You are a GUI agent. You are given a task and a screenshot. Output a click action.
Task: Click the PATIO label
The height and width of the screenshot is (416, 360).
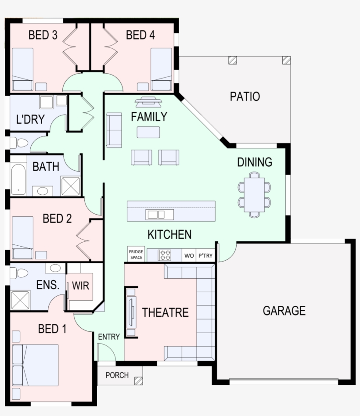[x=245, y=96]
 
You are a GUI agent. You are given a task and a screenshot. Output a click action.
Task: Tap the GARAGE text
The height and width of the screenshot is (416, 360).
[x=284, y=311]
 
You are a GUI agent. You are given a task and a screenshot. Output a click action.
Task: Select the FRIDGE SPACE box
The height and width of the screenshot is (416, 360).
[x=136, y=255]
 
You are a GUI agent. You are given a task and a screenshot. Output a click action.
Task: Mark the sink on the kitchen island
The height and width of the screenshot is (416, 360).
[x=156, y=215]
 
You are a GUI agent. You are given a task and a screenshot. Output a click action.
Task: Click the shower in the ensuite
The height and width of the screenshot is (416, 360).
[x=19, y=300]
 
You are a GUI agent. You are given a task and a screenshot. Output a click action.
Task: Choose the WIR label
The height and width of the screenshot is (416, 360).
[x=80, y=286]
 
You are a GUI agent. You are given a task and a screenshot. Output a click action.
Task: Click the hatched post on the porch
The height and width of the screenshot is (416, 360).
[x=139, y=381]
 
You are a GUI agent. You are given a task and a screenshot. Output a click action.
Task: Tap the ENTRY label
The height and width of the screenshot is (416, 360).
[x=109, y=337]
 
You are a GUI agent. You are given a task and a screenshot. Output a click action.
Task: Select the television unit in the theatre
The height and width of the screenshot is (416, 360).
[x=131, y=312]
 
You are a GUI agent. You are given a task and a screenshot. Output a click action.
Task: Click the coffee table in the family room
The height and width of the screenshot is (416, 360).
[x=148, y=132]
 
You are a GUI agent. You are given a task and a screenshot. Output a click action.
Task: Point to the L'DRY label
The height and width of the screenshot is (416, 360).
[x=30, y=119]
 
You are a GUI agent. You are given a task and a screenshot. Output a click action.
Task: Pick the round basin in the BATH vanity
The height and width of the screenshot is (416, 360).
[x=43, y=191]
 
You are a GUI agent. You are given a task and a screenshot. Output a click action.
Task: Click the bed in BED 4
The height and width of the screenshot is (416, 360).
[x=161, y=69]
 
